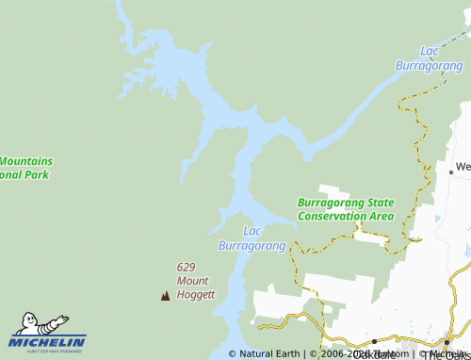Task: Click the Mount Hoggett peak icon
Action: pos(166,296)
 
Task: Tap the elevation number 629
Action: pos(187,267)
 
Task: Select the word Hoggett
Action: pos(197,294)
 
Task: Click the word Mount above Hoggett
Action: pos(192,281)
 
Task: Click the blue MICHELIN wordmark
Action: pos(48,341)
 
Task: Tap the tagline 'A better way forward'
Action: pos(48,352)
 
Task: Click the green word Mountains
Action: pos(26,161)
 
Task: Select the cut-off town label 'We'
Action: pos(463,167)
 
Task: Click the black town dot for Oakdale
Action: pos(374,341)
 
